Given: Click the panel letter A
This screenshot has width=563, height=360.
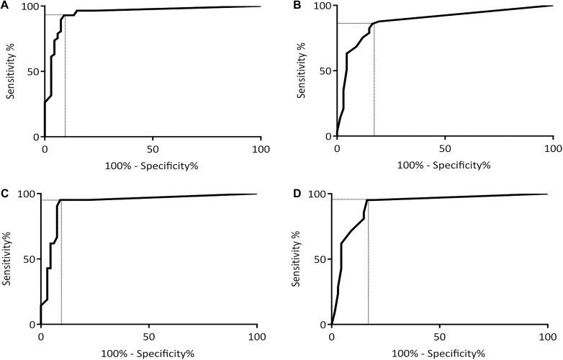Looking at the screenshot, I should point(6,6).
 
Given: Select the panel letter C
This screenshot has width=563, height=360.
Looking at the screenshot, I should point(6,193).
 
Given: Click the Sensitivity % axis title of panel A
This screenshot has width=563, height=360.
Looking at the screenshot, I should point(9,71).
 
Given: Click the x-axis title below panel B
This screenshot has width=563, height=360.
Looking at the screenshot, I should point(444,165).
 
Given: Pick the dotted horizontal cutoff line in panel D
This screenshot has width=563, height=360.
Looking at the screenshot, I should point(349,199).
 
